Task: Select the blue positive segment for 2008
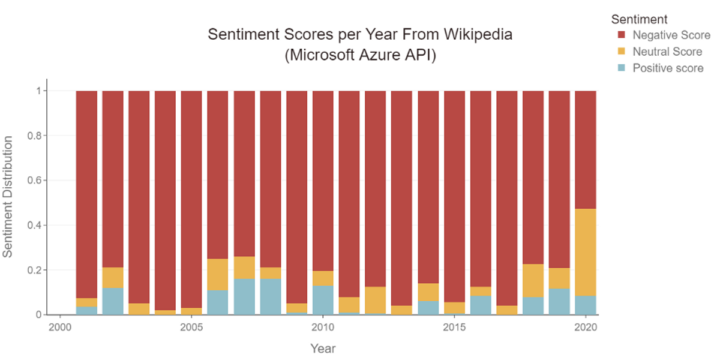pos(270,296)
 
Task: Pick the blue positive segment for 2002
pos(113,301)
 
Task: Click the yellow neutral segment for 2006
pos(218,274)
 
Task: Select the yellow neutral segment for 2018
pos(533,281)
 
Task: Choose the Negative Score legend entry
pos(671,35)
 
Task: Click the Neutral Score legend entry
pos(667,52)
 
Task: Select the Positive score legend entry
pos(668,68)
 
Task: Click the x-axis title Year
pos(323,348)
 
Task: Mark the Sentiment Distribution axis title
pos(8,197)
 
